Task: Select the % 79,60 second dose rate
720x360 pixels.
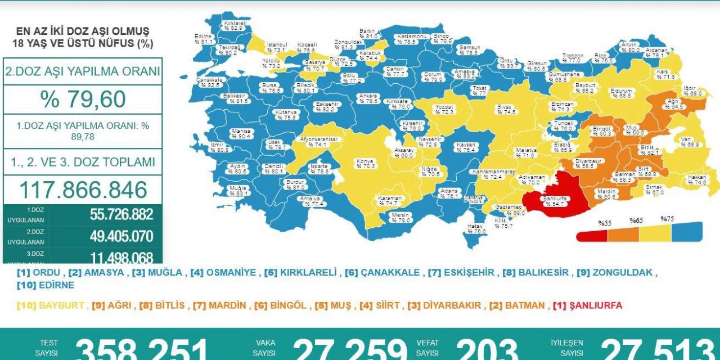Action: tap(83, 99)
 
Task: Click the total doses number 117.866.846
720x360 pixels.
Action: tap(83, 190)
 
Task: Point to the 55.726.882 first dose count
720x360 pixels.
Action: tap(121, 215)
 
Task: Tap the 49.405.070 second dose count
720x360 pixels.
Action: tap(121, 236)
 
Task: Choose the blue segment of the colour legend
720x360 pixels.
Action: tap(687, 231)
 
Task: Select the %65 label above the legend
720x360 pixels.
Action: tap(636, 220)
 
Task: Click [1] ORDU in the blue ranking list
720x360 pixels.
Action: tap(39, 272)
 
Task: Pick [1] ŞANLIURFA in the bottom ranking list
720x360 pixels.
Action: tap(587, 305)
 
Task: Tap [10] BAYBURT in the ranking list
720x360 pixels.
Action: tap(51, 305)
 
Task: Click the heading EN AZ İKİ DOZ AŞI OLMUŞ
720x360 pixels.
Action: tap(83, 31)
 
